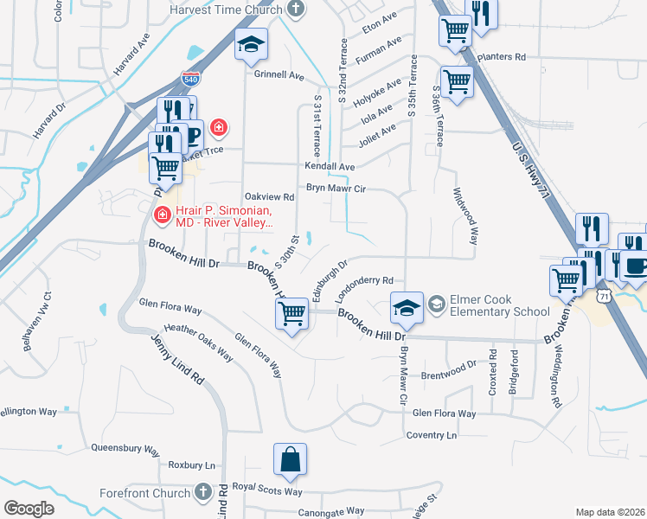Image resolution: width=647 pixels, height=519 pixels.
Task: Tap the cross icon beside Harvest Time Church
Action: [297, 10]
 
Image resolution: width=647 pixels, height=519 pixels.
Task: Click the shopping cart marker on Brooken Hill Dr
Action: [292, 313]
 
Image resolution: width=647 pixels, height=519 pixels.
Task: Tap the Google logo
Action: [29, 509]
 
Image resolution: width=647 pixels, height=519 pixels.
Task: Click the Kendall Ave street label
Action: [329, 166]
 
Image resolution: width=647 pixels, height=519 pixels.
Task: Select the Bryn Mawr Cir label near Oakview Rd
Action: [336, 188]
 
